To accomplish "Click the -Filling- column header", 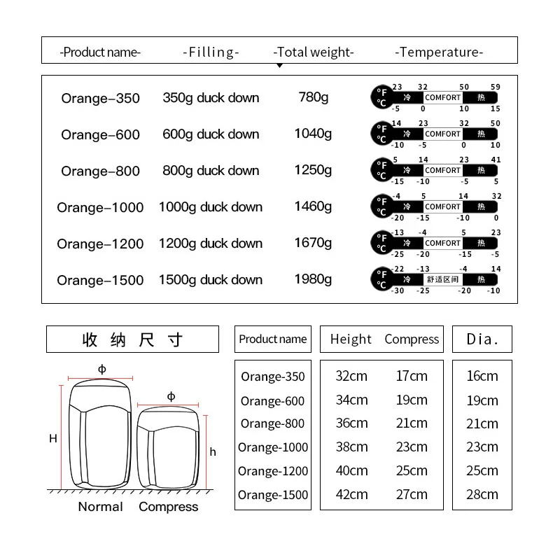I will [211, 52].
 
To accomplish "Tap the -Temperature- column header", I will [439, 52].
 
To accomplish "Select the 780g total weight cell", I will [313, 97].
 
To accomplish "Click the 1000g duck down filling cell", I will [211, 207].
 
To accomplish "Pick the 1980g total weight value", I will [313, 279].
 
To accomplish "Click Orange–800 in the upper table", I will [100, 171].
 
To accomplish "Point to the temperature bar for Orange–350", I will [436, 98].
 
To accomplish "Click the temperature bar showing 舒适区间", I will [436, 279].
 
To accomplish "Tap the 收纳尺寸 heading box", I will [132, 339].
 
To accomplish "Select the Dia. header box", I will [482, 339].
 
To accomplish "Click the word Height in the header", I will [351, 339].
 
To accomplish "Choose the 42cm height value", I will [351, 494].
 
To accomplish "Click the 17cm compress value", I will [412, 376].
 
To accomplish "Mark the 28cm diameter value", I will [482, 494].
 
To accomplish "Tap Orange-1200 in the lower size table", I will [273, 471].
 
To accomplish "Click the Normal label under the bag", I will [100, 507].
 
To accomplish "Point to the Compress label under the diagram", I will [168, 507].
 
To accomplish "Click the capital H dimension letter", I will [53, 439].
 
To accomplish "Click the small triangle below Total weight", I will [279, 65].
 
